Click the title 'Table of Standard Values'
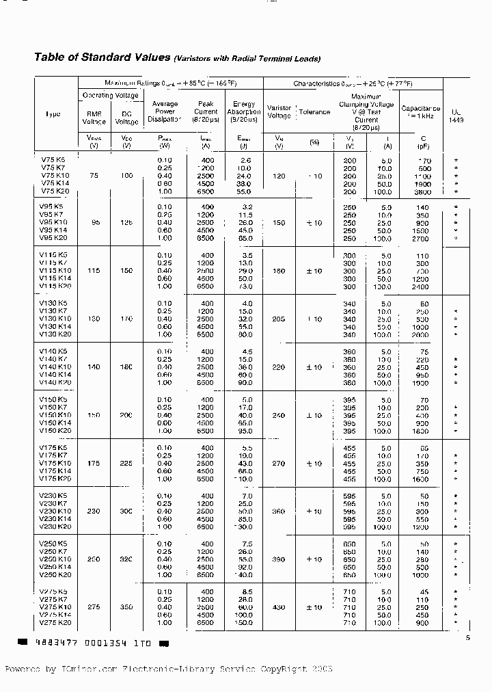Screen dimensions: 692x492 pos(102,57)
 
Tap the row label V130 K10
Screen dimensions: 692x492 pos(56,319)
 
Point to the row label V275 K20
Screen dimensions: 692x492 pos(56,623)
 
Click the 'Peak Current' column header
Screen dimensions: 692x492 pos(206,111)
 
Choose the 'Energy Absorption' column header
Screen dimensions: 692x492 pos(244,111)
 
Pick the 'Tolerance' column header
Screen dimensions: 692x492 pos(314,112)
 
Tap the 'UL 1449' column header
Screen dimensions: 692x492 pos(456,115)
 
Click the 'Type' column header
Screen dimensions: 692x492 pos(53,114)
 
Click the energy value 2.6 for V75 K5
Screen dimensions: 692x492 pos(247,159)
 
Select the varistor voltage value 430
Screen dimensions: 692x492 pos(279,607)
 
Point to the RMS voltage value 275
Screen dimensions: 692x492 pos(94,607)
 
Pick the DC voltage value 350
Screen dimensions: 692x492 pos(126,607)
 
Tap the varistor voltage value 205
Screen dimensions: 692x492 pos(279,319)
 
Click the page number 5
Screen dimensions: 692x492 pos(469,638)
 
